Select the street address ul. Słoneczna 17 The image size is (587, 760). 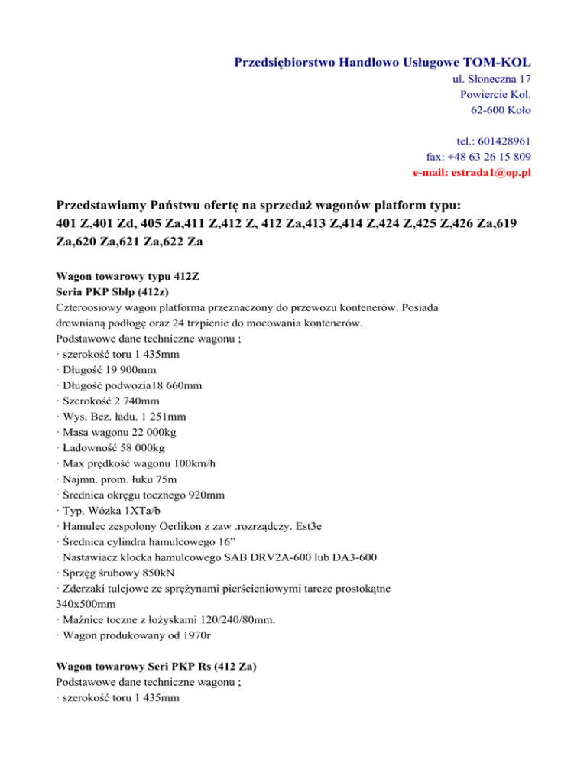tap(487, 78)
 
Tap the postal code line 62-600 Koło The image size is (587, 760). tap(501, 110)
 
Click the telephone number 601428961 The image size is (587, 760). tap(504, 141)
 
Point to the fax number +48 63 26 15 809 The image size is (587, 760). tap(490, 157)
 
